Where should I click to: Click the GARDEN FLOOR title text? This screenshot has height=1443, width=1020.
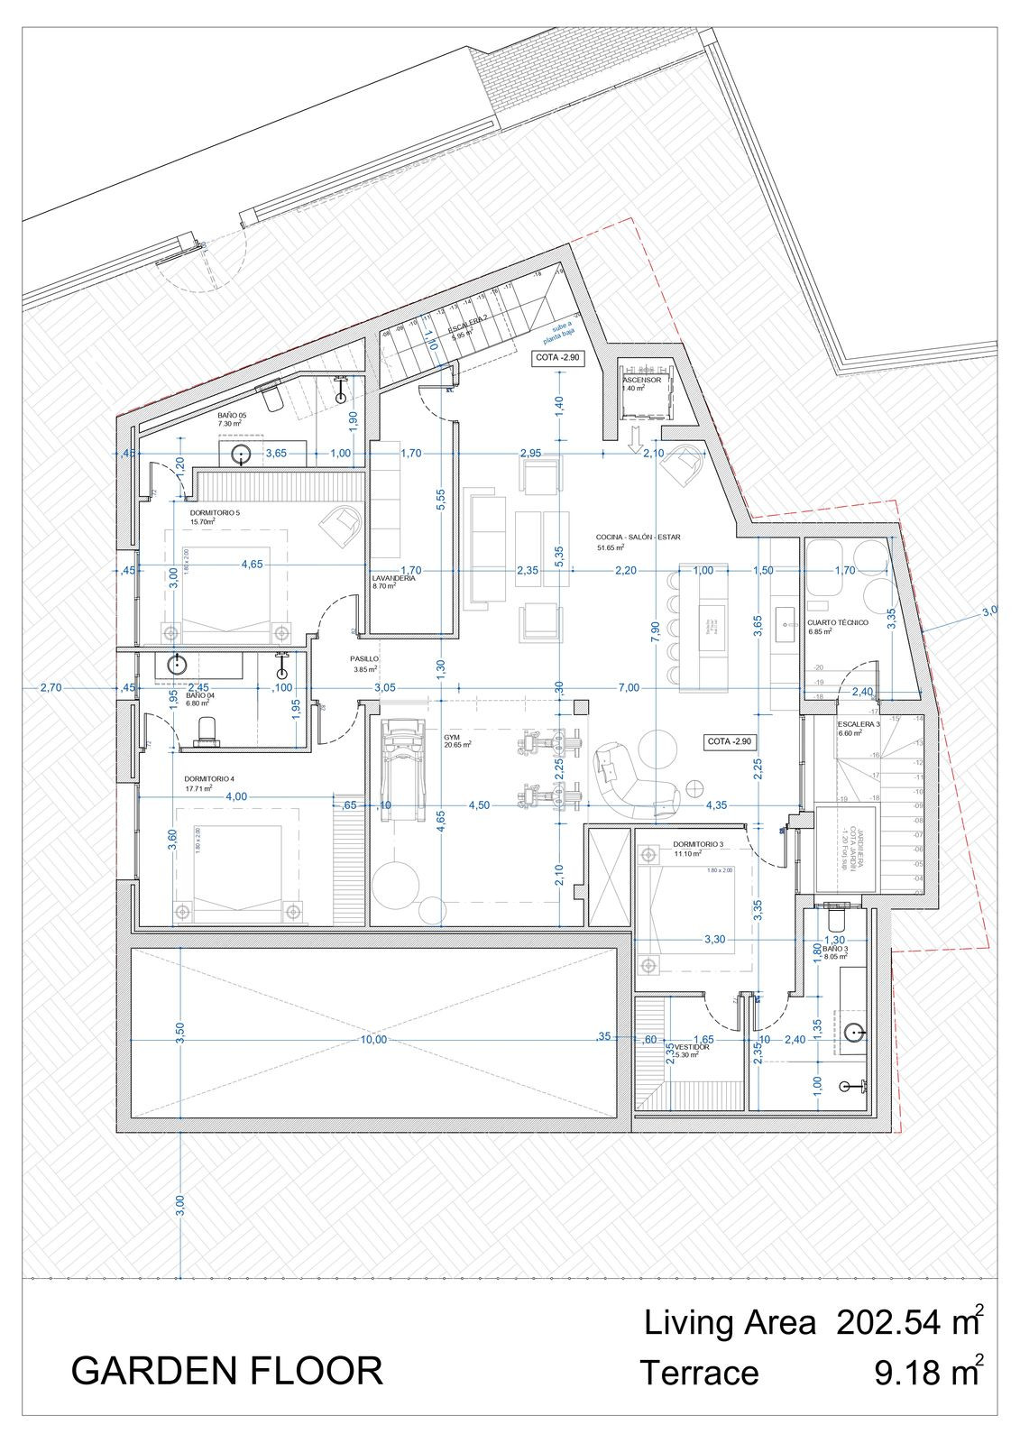(x=226, y=1371)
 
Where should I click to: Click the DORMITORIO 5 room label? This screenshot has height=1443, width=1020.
(x=215, y=512)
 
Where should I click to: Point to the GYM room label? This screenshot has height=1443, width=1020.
(x=451, y=737)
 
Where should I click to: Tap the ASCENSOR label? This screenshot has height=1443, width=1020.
(x=641, y=381)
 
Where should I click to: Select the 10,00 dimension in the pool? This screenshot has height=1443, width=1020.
(x=373, y=1039)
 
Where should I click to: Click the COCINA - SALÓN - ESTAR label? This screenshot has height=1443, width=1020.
(x=638, y=537)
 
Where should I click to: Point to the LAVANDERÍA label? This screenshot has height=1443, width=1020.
(x=394, y=578)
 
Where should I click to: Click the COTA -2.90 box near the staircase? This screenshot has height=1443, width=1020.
(x=558, y=357)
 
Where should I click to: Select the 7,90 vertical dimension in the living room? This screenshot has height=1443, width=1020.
(x=656, y=628)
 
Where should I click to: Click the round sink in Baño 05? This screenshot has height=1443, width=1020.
(x=242, y=454)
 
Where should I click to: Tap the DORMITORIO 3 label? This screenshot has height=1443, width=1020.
(x=697, y=845)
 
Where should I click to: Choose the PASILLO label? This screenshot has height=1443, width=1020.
(x=364, y=659)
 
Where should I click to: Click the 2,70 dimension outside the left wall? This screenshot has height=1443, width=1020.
(x=51, y=687)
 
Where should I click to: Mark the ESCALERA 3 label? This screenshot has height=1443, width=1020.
(x=858, y=724)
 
